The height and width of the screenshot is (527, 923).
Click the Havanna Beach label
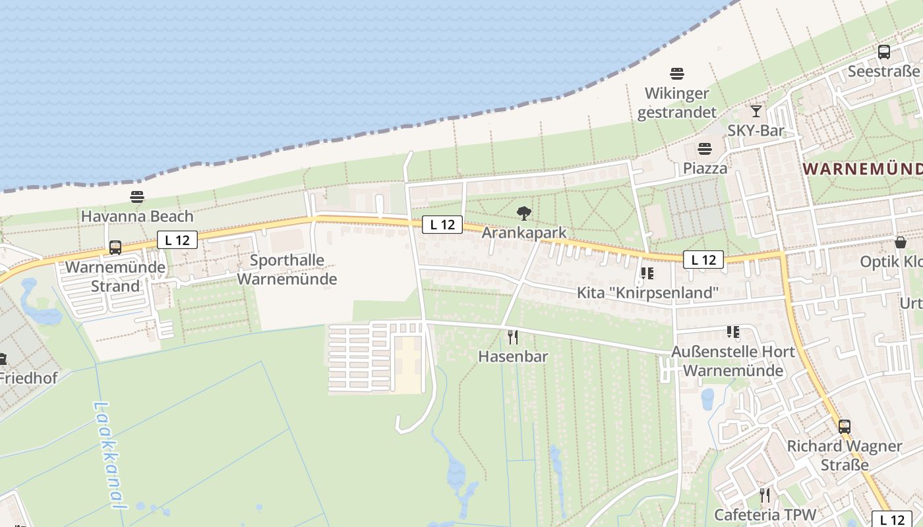click(x=137, y=216)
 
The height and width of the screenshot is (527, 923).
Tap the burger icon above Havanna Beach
click(x=137, y=197)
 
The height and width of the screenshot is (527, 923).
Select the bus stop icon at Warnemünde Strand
click(x=115, y=248)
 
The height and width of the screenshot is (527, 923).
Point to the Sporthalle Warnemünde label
click(x=287, y=269)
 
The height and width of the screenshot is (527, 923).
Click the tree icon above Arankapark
click(x=524, y=213)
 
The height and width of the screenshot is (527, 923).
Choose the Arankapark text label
click(x=524, y=233)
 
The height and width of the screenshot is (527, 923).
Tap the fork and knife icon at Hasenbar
click(x=513, y=338)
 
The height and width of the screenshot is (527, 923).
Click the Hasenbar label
click(x=513, y=356)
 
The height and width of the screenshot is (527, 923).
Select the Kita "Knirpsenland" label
click(x=647, y=292)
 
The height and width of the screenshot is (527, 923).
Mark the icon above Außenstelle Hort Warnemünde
click(x=732, y=332)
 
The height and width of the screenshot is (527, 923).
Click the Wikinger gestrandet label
click(x=676, y=103)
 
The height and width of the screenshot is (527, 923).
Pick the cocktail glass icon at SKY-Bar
click(x=756, y=111)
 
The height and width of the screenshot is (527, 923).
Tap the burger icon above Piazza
click(x=705, y=149)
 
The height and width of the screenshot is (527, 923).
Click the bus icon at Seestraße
click(x=884, y=51)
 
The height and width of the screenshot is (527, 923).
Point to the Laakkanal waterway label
click(x=108, y=455)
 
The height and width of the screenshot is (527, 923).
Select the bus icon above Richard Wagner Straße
click(x=845, y=426)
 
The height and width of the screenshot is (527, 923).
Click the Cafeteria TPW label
click(x=765, y=514)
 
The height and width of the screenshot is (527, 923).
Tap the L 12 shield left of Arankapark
click(x=442, y=225)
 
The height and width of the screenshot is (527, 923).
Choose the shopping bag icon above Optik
click(x=901, y=242)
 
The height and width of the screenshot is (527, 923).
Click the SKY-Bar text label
click(x=756, y=130)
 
